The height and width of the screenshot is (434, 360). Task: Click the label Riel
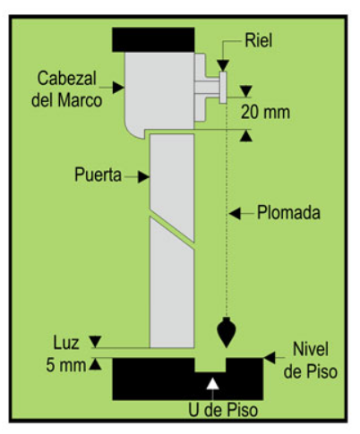[259, 40]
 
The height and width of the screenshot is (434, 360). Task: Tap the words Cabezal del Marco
[66, 89]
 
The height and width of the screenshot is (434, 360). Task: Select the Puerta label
[98, 174]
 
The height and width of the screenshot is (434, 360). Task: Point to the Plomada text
[288, 213]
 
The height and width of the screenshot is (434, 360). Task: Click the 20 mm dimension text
[265, 113]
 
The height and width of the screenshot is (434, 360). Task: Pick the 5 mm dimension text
[66, 365]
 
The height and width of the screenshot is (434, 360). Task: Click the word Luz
[66, 343]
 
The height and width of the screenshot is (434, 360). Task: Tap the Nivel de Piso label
[311, 361]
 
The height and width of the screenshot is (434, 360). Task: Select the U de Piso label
[223, 410]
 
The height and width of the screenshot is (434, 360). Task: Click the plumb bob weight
[227, 332]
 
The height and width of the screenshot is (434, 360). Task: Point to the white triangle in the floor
[212, 384]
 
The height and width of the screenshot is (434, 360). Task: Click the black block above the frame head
[153, 39]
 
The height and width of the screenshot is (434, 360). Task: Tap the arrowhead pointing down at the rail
[223, 65]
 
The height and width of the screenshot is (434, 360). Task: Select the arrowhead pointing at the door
[143, 177]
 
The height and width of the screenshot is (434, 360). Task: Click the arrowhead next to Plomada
[235, 214]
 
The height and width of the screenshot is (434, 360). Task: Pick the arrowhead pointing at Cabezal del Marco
[118, 88]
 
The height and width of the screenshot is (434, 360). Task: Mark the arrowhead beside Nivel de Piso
[270, 358]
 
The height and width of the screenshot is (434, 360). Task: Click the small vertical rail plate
[223, 88]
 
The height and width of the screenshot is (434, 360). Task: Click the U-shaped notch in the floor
[210, 365]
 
